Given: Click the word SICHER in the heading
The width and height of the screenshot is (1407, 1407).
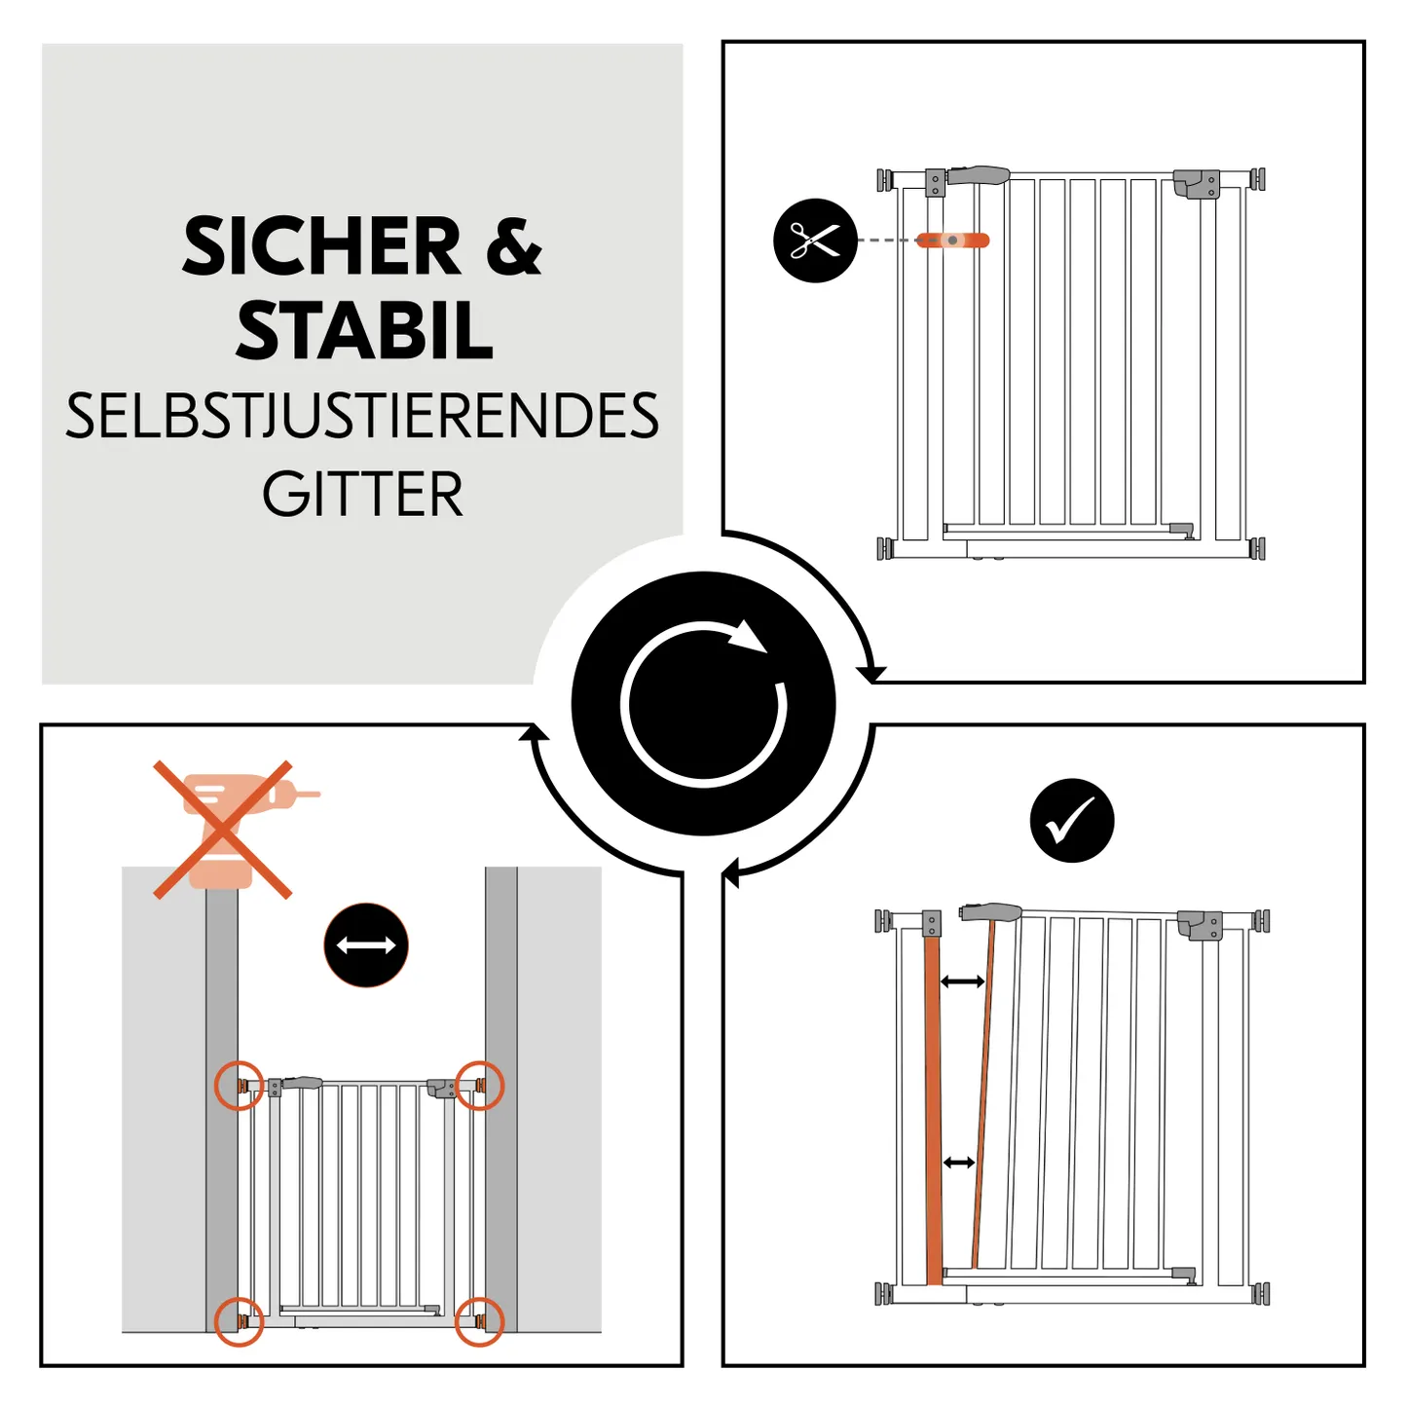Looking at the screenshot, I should (x=321, y=247).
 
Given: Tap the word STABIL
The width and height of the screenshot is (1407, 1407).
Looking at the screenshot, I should (x=364, y=332).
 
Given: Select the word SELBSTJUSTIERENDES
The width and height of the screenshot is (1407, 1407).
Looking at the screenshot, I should (x=362, y=417).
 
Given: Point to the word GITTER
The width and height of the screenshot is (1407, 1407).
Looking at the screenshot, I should (x=362, y=495).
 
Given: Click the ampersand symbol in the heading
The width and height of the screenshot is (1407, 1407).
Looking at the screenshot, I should (x=512, y=247).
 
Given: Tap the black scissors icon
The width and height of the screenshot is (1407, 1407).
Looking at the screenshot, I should (x=815, y=241).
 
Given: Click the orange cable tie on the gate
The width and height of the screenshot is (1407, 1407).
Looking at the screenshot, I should (x=952, y=241).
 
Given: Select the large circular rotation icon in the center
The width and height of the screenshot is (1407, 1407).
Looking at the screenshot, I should (x=703, y=703).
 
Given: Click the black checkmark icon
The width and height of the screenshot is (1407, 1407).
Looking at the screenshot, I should (x=1071, y=820).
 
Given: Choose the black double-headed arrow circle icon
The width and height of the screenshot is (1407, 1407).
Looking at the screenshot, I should (x=365, y=944).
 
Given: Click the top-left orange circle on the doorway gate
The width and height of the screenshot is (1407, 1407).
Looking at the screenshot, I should (x=239, y=1085).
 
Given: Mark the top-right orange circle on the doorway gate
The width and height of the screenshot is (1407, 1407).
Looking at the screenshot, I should (x=480, y=1085).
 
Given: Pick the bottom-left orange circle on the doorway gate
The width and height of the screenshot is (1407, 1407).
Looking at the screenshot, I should (x=239, y=1321).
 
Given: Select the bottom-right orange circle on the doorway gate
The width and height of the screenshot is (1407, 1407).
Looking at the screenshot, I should (x=479, y=1321).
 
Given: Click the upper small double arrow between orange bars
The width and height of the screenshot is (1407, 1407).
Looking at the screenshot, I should (x=962, y=981).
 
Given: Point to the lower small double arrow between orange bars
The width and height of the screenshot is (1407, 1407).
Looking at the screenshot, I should (x=959, y=1162).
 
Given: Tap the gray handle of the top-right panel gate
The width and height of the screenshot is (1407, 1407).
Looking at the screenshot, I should (x=979, y=175).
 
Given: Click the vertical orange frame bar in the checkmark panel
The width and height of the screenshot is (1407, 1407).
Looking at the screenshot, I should (x=933, y=1110).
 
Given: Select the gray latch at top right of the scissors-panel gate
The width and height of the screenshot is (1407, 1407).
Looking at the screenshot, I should (x=1196, y=183).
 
